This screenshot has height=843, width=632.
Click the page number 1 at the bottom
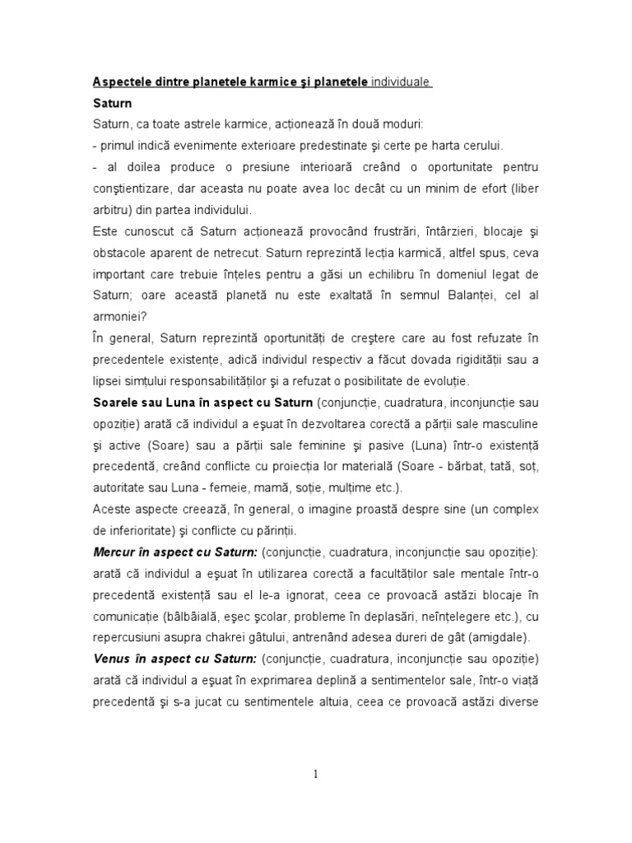pyautogui.click(x=315, y=773)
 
